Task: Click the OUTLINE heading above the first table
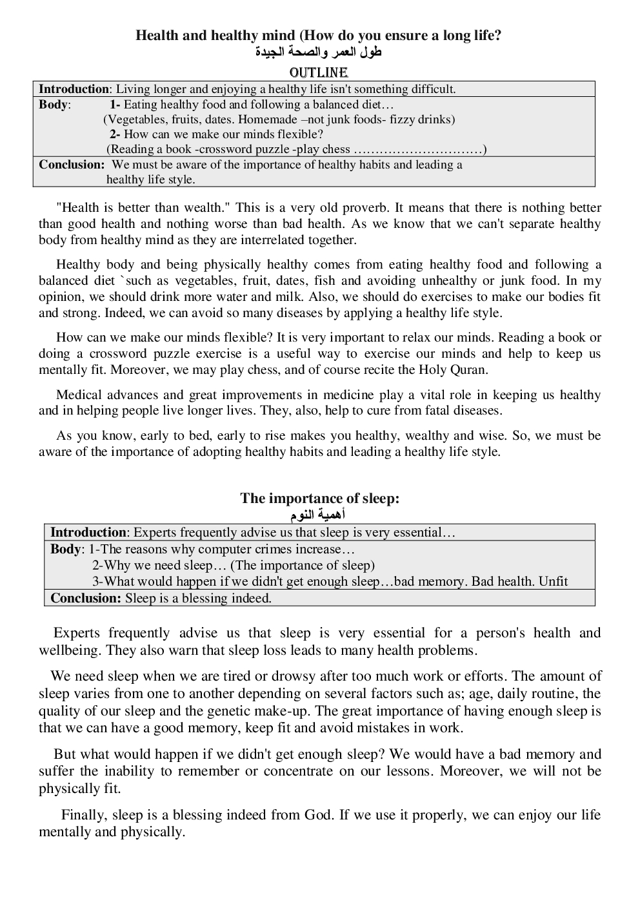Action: click(x=319, y=72)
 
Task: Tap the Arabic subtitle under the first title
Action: click(x=319, y=52)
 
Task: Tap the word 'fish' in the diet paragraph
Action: click(x=325, y=281)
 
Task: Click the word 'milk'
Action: click(x=288, y=297)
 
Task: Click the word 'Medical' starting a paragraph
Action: click(x=77, y=395)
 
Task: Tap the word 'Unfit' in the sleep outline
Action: click(x=553, y=581)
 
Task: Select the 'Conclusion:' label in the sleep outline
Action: click(x=85, y=598)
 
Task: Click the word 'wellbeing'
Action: click(x=70, y=650)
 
